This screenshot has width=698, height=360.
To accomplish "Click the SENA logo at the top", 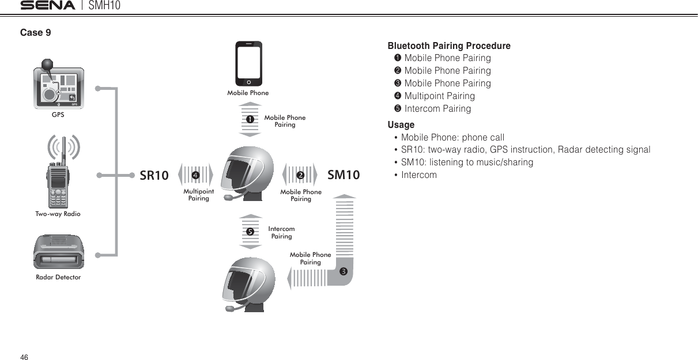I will coord(48,6).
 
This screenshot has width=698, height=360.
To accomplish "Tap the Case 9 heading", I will coord(36,33).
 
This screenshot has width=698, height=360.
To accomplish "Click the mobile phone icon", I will coord(248,63).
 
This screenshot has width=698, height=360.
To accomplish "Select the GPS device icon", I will coord(58,88).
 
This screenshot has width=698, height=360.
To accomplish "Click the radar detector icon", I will coord(58,252).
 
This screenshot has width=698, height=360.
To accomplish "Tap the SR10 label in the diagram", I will coord(154,175).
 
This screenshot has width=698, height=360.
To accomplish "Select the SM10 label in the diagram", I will coord(344,175).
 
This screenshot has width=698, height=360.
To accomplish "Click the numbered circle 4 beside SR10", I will coord(196,175).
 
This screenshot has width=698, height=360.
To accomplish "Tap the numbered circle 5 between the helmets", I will coord(250,232).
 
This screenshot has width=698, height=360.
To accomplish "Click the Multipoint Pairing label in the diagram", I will coord(199,195).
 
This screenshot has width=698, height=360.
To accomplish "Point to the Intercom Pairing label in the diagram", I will coord(282,233).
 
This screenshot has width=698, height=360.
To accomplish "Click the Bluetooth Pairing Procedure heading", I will coord(449,46).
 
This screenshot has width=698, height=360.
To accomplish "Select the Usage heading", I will coord(401,124).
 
